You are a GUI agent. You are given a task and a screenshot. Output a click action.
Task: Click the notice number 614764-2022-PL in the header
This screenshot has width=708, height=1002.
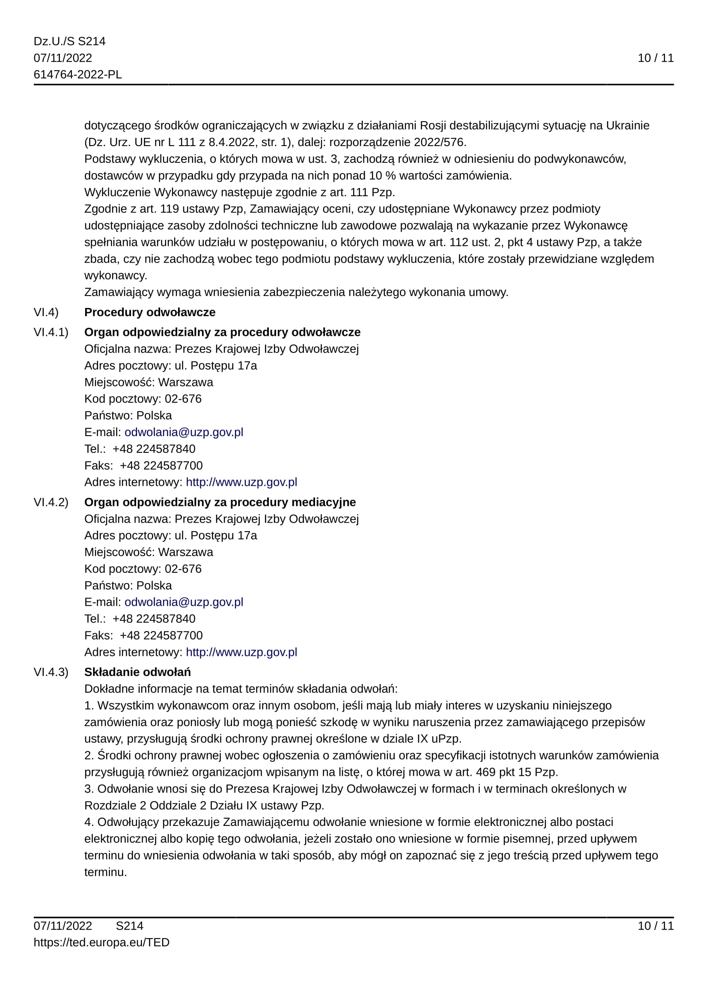(x=77, y=75)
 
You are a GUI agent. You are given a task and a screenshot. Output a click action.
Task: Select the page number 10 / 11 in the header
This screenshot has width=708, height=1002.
(x=655, y=58)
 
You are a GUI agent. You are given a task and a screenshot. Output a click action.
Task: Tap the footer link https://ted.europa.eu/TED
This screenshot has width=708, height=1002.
(x=101, y=942)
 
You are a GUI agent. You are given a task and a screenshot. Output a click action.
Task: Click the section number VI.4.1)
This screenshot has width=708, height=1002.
(x=51, y=332)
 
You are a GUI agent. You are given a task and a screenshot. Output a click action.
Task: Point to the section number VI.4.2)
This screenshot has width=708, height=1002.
(x=51, y=502)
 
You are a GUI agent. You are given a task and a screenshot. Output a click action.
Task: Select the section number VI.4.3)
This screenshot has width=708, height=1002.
(x=51, y=672)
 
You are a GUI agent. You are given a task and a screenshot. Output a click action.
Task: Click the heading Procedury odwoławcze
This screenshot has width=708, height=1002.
(x=149, y=312)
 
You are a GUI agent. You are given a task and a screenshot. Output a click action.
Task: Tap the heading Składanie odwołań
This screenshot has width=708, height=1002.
(x=137, y=672)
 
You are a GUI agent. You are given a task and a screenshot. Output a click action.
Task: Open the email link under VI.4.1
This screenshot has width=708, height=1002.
(x=184, y=432)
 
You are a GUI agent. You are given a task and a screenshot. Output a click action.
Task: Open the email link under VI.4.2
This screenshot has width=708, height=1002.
(x=184, y=602)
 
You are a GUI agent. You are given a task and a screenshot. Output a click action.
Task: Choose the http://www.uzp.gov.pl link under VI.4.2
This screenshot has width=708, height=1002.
(x=241, y=652)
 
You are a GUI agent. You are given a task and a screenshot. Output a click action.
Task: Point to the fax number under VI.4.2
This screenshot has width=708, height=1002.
(x=161, y=635)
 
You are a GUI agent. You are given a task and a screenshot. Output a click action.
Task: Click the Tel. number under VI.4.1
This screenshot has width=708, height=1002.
(x=154, y=449)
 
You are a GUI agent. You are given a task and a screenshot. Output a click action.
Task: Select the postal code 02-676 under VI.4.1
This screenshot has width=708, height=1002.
(x=183, y=399)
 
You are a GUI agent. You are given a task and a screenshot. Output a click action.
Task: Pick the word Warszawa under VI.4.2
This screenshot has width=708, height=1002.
(x=185, y=552)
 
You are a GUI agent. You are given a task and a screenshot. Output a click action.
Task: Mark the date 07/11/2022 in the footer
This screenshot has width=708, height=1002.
(x=63, y=926)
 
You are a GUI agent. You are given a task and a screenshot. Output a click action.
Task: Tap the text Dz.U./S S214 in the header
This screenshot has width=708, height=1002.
(x=69, y=42)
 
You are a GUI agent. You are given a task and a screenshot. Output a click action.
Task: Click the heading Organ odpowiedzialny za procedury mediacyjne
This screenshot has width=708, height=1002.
(x=220, y=502)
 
